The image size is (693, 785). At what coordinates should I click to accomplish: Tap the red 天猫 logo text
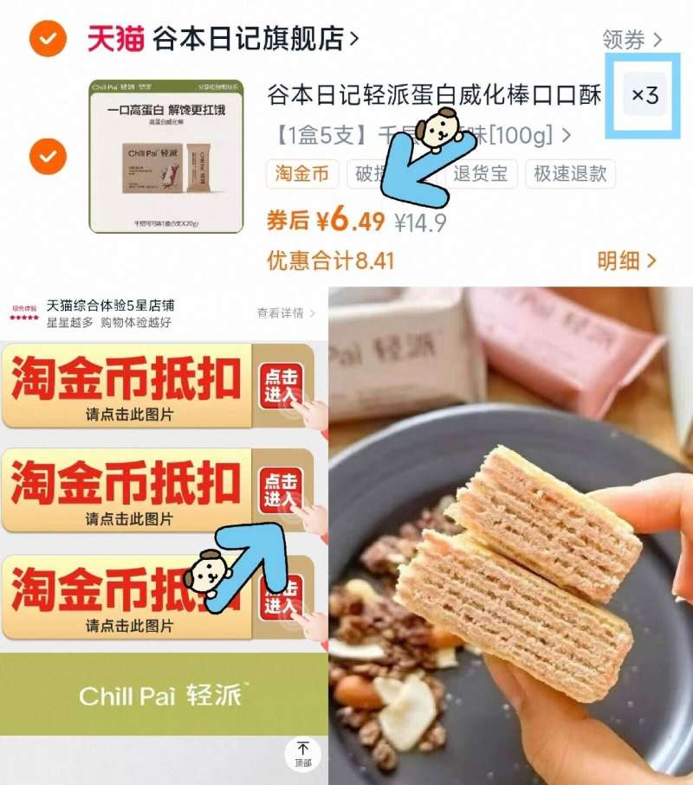(x=115, y=38)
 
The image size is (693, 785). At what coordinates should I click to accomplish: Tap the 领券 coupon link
(x=631, y=39)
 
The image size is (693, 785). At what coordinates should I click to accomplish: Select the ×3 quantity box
(x=644, y=96)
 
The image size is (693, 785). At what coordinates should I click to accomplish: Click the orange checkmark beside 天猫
(x=48, y=39)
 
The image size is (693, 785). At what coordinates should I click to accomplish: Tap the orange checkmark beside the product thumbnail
(x=48, y=157)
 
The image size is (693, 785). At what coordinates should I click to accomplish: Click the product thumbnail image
(x=154, y=157)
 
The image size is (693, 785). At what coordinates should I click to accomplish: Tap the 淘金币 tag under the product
(x=302, y=174)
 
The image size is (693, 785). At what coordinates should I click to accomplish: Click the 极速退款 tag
(x=568, y=174)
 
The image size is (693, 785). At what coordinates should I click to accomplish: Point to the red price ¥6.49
(x=349, y=222)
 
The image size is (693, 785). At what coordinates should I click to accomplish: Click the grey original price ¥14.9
(x=420, y=223)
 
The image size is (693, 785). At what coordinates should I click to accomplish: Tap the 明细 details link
(x=626, y=261)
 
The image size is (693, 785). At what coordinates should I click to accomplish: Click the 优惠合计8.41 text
(x=330, y=261)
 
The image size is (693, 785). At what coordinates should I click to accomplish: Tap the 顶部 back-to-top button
(x=302, y=753)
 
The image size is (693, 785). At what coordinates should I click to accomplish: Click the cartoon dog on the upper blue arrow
(x=437, y=129)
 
